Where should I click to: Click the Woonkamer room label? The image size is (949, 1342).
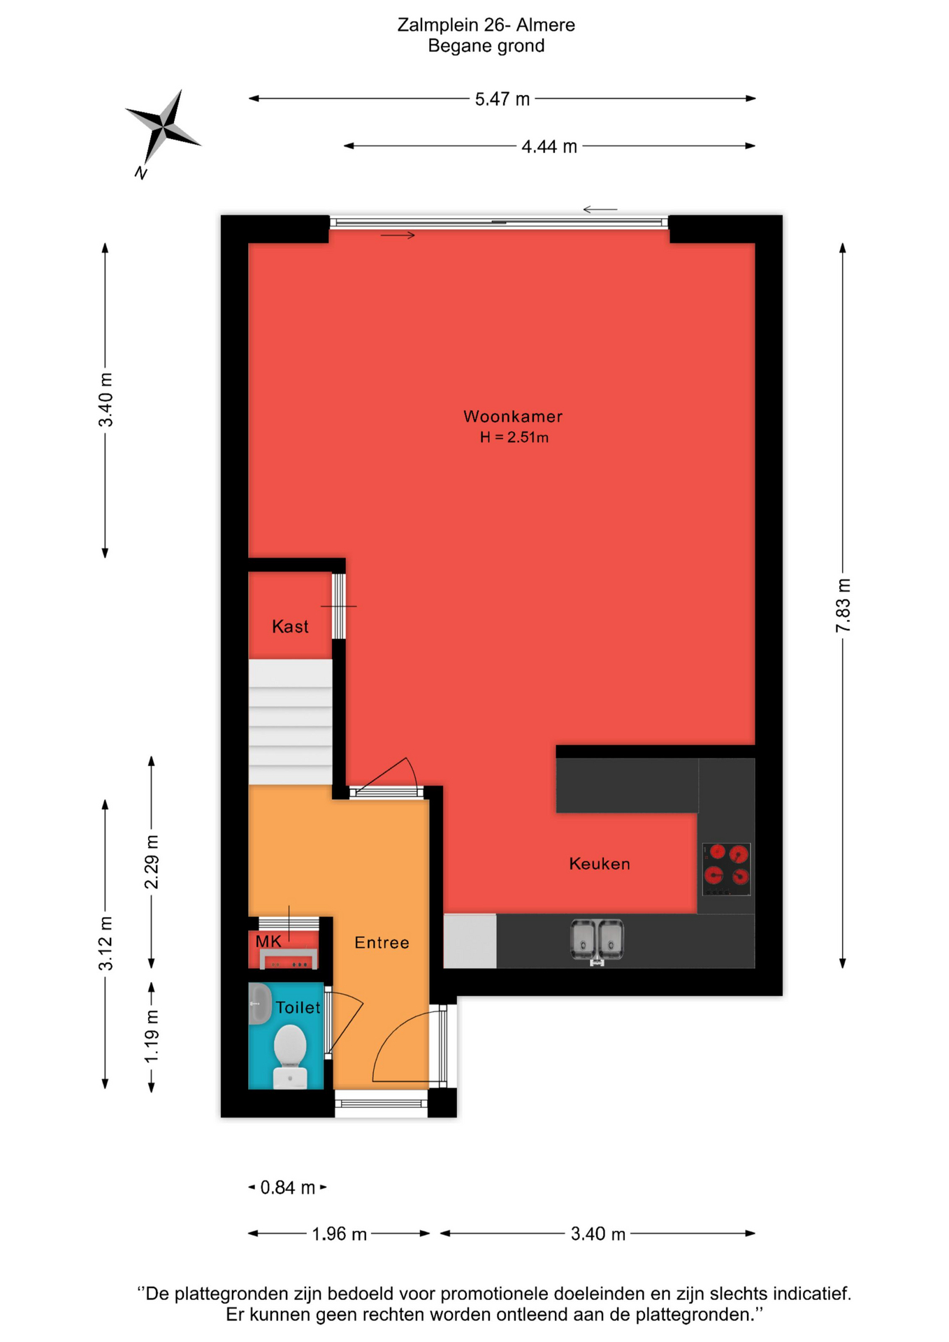click(x=513, y=417)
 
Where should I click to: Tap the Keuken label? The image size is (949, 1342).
click(x=600, y=864)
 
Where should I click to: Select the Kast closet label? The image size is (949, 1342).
click(x=290, y=626)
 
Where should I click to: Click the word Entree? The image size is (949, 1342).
click(x=382, y=943)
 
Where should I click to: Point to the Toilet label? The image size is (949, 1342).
click(x=298, y=1007)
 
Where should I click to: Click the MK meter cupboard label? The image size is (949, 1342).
click(x=268, y=941)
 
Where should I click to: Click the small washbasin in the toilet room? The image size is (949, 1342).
click(x=260, y=1004)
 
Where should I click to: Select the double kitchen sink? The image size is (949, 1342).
click(x=597, y=940)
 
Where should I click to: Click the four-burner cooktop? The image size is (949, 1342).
click(x=726, y=869)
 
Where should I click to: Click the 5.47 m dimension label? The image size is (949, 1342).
click(x=502, y=99)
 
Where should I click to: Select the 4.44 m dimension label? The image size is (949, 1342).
click(x=549, y=147)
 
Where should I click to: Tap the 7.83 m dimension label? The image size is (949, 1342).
click(x=843, y=605)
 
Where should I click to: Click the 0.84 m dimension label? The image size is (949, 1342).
click(x=288, y=1188)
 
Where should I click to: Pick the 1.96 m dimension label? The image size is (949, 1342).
click(x=339, y=1234)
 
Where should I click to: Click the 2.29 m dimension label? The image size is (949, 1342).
click(x=152, y=862)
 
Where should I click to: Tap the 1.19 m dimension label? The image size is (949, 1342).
click(x=152, y=1037)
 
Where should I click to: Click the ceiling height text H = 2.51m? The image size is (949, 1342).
click(x=514, y=438)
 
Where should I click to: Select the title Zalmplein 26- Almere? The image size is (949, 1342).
click(x=486, y=25)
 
